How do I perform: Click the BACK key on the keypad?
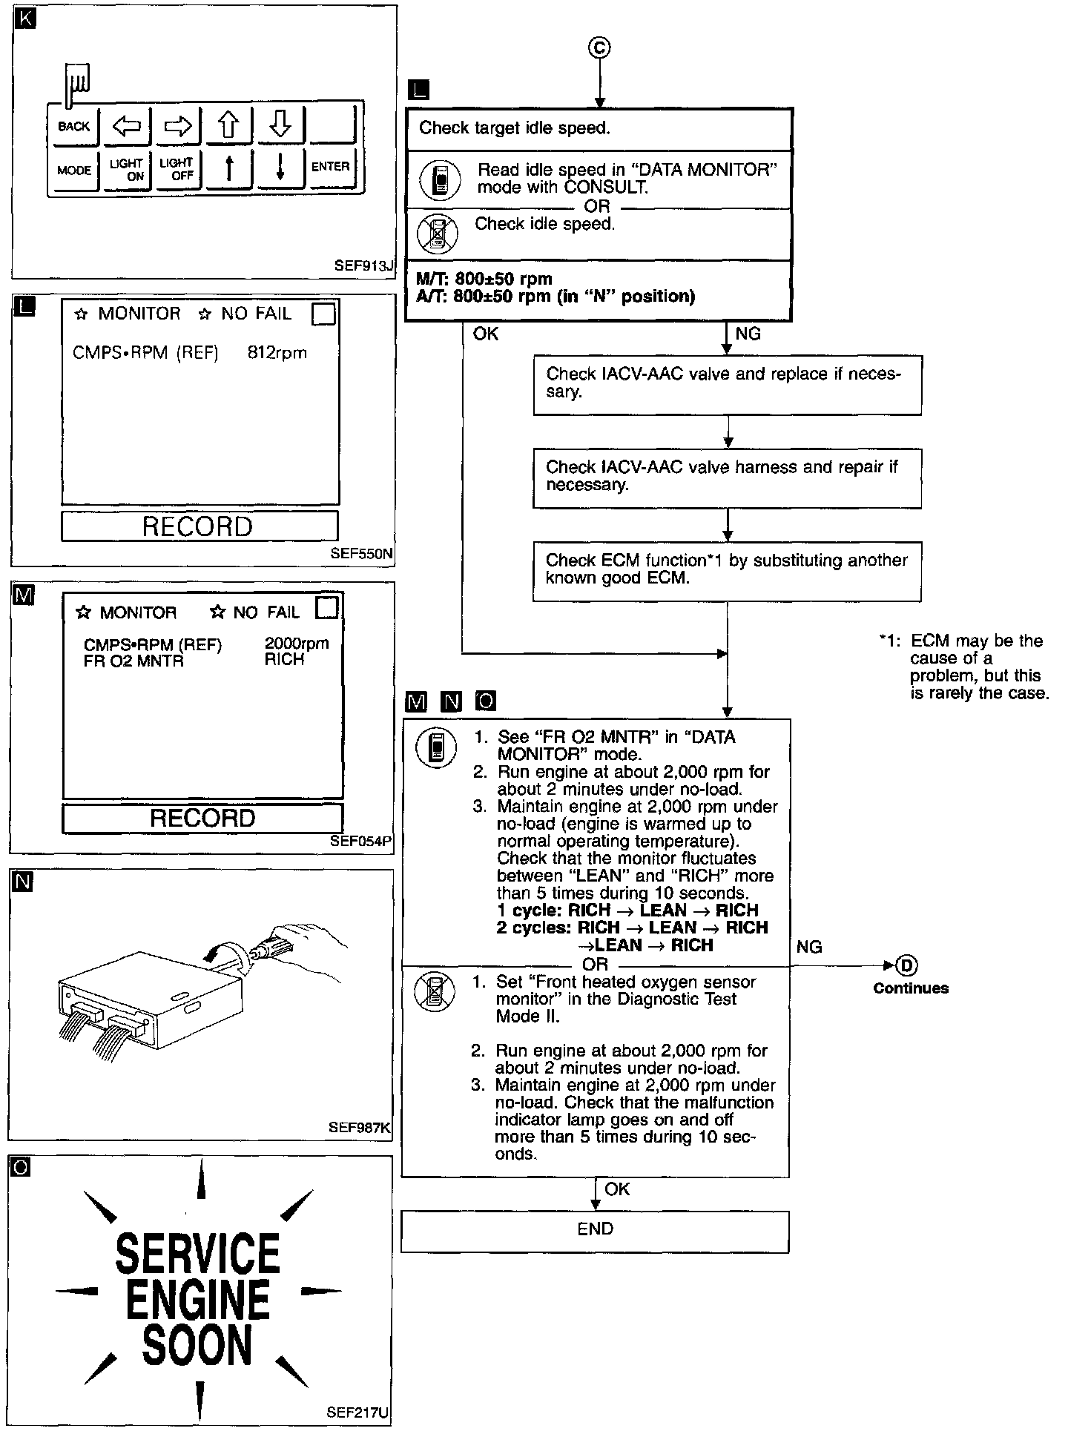73,126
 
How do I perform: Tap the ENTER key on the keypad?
330,167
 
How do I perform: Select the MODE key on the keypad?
73,171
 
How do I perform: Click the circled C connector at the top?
599,48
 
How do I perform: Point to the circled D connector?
907,965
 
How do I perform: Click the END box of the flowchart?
595,1229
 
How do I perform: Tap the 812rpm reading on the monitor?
277,353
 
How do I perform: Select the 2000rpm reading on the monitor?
296,644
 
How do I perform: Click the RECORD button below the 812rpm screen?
198,526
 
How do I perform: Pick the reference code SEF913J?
364,265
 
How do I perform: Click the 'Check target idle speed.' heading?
515,128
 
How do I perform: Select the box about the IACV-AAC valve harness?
727,477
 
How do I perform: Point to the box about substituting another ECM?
727,569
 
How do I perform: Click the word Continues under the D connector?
910,988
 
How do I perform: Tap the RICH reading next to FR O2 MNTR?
284,660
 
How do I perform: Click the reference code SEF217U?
357,1412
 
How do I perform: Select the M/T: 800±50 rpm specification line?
484,280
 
